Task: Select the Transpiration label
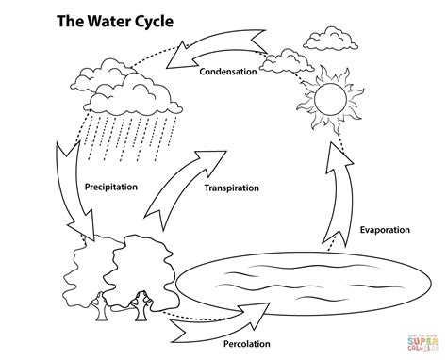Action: click(x=231, y=188)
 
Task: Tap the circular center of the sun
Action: click(x=333, y=97)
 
